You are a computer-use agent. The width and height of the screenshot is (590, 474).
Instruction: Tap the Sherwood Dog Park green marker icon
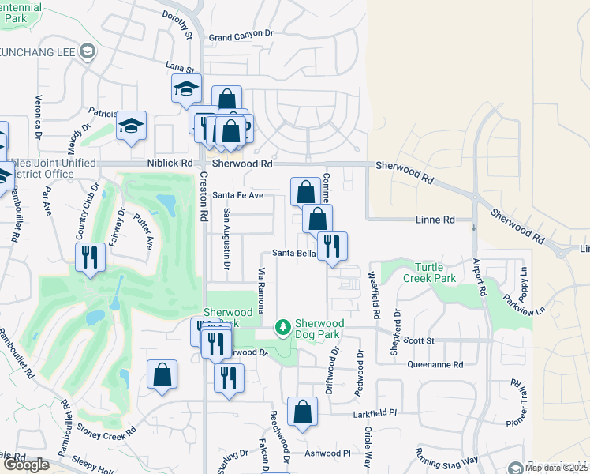282,326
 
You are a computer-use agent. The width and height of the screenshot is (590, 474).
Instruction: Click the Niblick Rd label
170,164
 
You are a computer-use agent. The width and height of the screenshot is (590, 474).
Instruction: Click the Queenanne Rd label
435,364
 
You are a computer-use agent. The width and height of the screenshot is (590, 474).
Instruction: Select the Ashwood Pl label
327,453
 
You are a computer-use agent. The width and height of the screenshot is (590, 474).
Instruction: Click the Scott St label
419,340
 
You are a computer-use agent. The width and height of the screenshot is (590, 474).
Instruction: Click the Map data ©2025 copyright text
555,468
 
